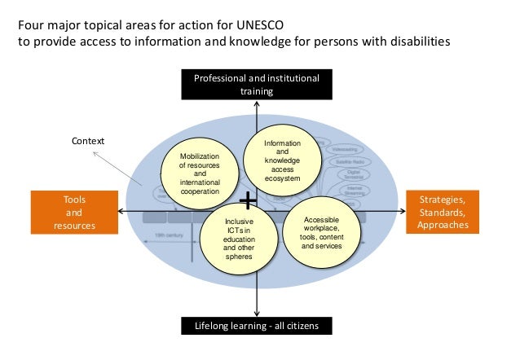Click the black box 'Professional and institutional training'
click(x=256, y=85)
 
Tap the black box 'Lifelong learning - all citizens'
click(x=256, y=327)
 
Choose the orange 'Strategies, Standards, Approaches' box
click(x=443, y=212)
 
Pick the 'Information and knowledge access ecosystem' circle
click(x=283, y=160)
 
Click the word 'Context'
click(x=89, y=141)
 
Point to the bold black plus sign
click(x=249, y=200)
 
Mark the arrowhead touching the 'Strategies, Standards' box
click(x=401, y=211)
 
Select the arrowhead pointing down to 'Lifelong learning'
click(x=256, y=312)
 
